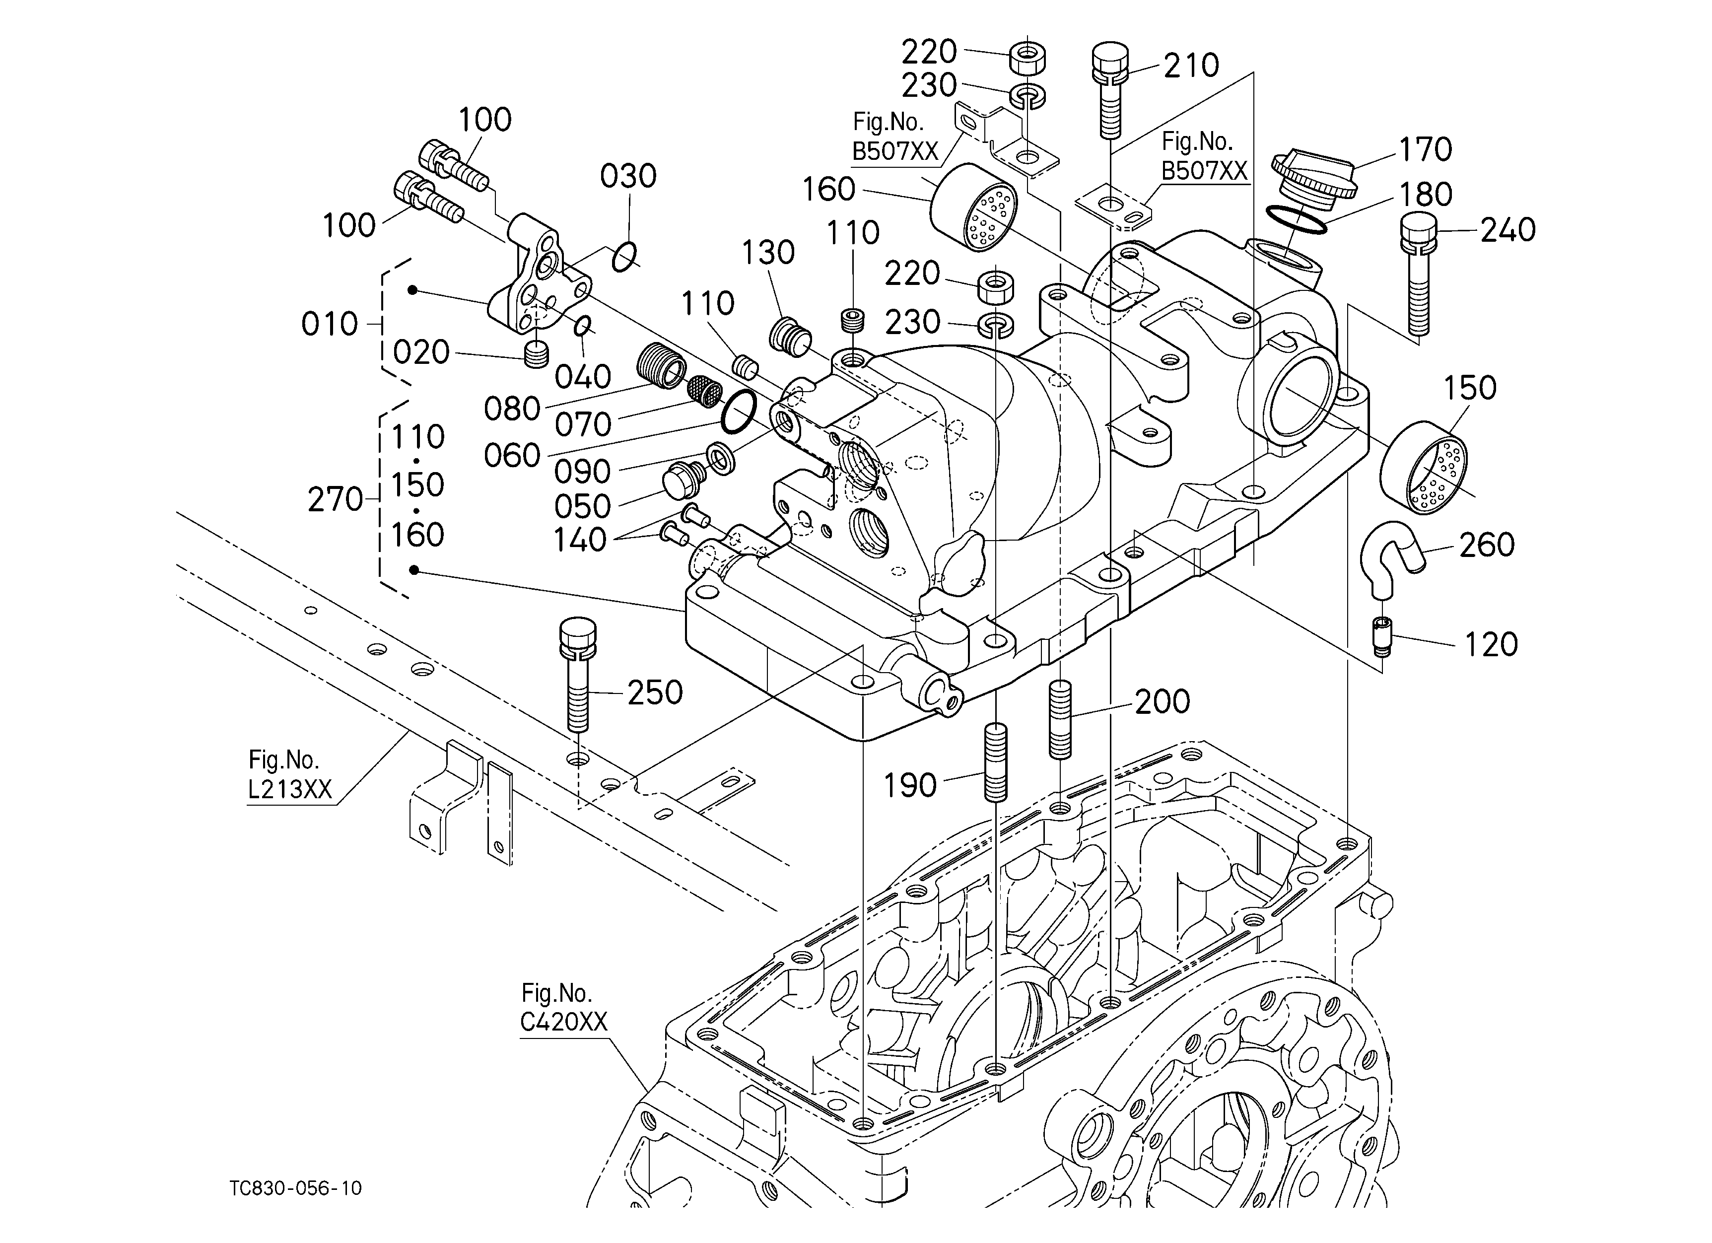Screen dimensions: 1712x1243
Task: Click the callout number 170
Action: [x=1425, y=149]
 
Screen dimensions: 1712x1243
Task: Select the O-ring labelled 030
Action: [x=624, y=257]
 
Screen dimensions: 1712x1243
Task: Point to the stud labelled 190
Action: [x=996, y=762]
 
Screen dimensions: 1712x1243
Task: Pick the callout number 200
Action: [x=1163, y=702]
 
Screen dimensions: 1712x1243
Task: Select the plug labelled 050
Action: [x=684, y=479]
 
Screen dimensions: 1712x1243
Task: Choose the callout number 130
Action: [x=768, y=253]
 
